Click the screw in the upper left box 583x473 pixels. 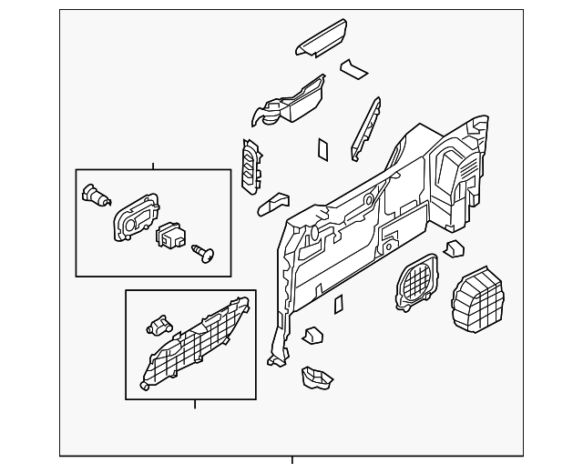[x=203, y=253]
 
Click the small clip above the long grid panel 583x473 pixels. [x=159, y=324]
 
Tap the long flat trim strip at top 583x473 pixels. [x=321, y=36]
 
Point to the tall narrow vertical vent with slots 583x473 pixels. [x=251, y=166]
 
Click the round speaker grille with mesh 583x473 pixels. [x=416, y=281]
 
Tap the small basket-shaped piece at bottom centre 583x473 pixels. [x=316, y=377]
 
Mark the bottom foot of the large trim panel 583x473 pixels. [x=274, y=359]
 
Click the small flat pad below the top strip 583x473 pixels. [x=353, y=69]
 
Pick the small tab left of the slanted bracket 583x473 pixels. [x=323, y=149]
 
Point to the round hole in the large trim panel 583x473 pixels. [x=368, y=199]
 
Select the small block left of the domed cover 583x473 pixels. [x=454, y=249]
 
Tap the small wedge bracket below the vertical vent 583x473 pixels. [x=272, y=204]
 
